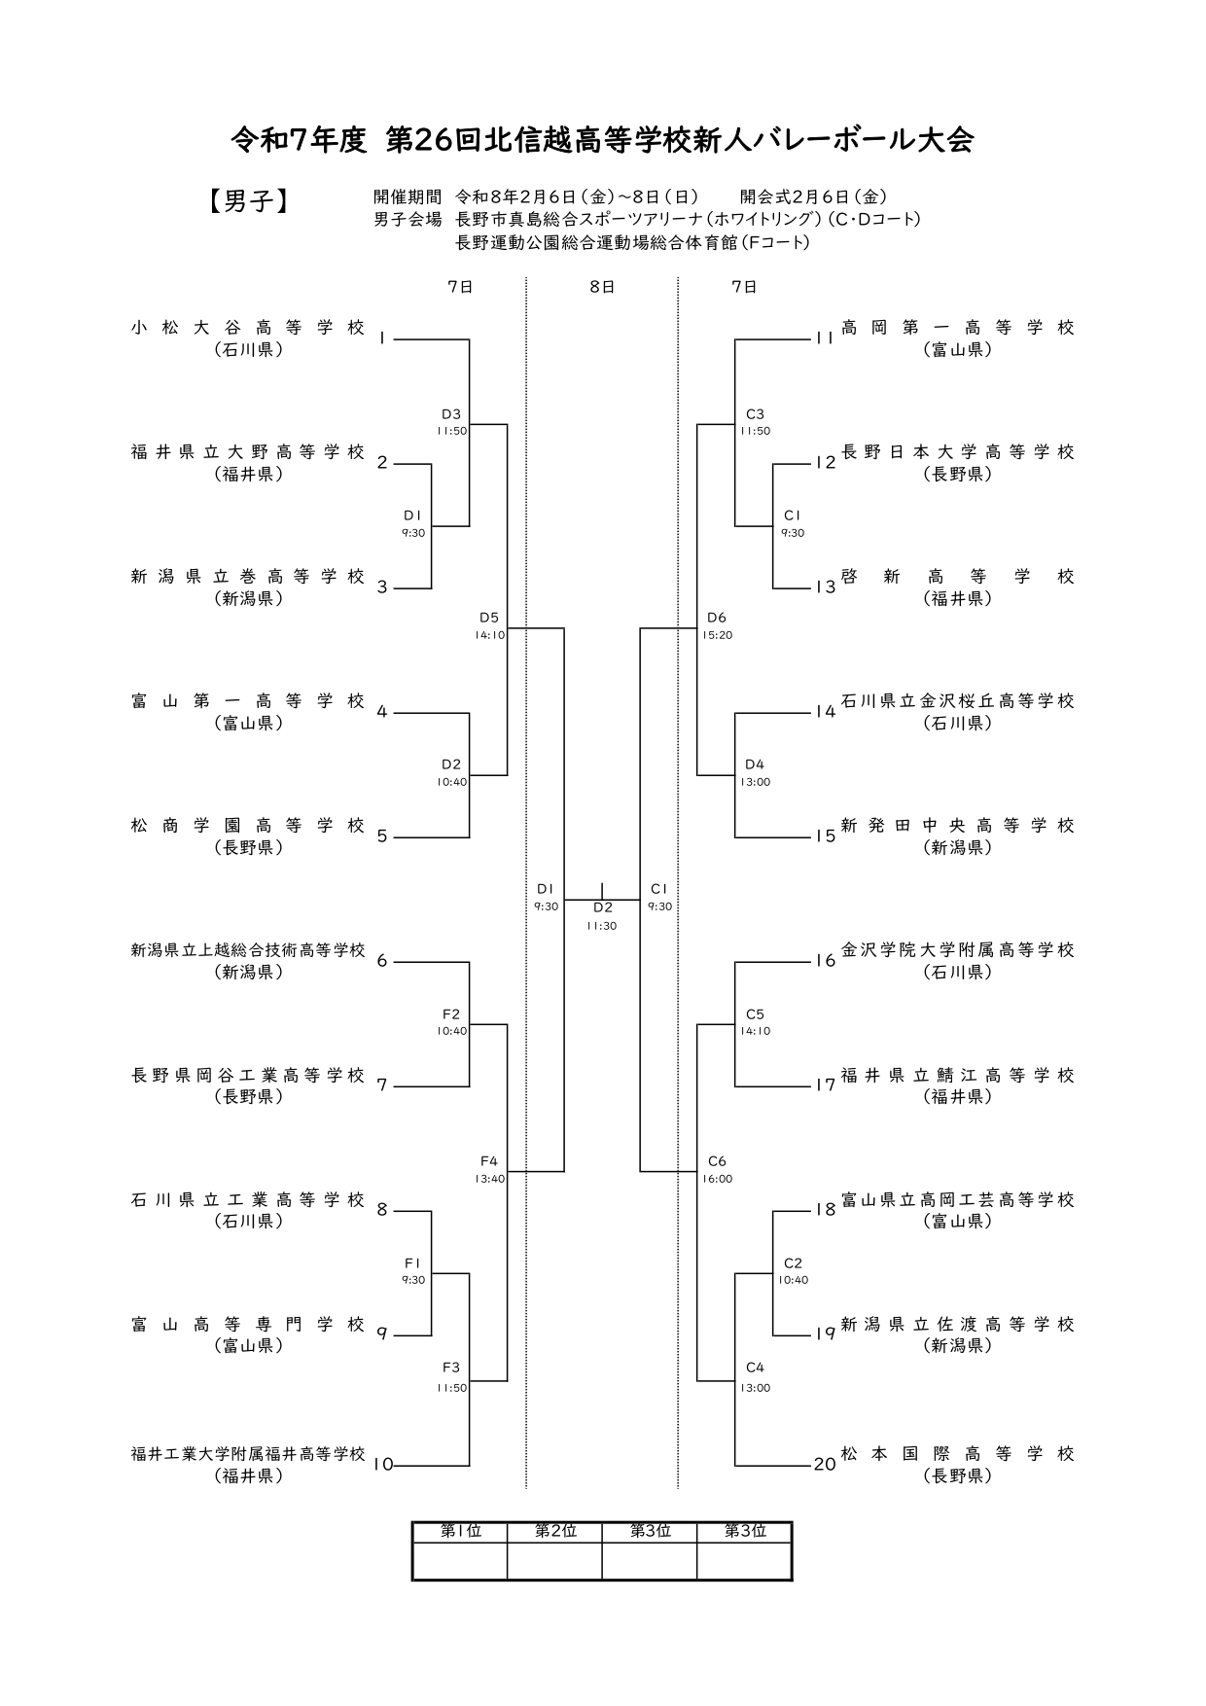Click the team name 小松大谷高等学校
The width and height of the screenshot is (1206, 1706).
tap(248, 328)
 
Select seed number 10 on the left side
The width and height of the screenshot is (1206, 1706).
tap(383, 1465)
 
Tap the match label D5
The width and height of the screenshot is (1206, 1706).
tap(488, 618)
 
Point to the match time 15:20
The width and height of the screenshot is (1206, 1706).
tap(717, 635)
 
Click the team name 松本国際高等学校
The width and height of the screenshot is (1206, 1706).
tap(957, 1454)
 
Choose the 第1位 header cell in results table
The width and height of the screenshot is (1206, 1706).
tap(460, 1531)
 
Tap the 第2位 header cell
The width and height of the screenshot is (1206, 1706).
tap(554, 1531)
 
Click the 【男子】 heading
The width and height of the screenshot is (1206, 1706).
tap(248, 201)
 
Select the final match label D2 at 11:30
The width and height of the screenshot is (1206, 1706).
tap(603, 907)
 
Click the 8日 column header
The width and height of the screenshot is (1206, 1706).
tap(602, 287)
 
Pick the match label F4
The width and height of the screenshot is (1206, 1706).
tap(488, 1161)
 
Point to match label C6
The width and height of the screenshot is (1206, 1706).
tap(717, 1161)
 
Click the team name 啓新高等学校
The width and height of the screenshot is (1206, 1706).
tap(957, 577)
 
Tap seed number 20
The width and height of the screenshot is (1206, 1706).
tap(825, 1465)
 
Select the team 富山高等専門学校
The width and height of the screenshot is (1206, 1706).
tap(248, 1325)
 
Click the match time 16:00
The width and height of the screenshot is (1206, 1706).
tap(717, 1179)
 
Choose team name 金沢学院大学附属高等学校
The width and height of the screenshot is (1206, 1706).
tap(957, 950)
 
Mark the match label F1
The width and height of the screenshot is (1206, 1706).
tap(412, 1262)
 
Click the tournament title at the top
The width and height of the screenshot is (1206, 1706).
tap(602, 141)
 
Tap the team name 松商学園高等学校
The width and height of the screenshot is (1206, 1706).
tap(248, 826)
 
